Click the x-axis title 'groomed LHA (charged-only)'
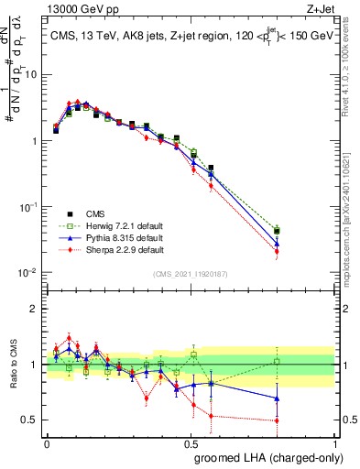(x=264, y=458)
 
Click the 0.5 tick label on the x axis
(x=191, y=442)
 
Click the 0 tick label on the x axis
(x=48, y=442)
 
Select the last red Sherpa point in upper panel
(x=303, y=251)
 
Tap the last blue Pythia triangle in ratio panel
(x=303, y=398)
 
